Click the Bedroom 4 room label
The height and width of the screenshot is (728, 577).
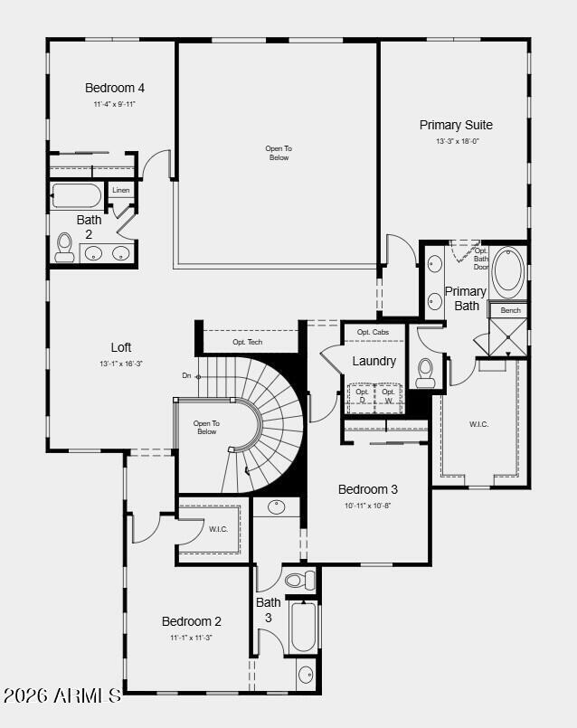115,88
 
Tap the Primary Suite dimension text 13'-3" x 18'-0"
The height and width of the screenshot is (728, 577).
456,141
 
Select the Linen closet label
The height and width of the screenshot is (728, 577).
121,191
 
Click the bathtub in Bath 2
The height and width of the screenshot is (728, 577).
77,195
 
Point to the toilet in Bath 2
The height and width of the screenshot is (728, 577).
64,247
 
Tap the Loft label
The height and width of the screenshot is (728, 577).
121,347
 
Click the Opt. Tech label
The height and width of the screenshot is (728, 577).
248,342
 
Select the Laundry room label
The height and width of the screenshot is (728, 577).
374,361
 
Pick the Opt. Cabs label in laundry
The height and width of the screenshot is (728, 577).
373,332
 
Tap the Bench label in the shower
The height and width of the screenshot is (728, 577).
511,310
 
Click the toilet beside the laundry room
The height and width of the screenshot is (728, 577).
426,372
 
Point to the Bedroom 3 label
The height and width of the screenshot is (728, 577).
368,489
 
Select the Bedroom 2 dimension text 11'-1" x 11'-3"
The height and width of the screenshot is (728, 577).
191,638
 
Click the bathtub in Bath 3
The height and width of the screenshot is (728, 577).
303,627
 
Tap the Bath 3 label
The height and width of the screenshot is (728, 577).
268,610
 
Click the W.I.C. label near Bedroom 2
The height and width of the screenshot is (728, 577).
218,529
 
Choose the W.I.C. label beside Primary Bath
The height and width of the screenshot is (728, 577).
478,424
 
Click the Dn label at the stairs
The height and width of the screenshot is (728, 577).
186,375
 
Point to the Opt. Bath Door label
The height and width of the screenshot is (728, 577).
481,259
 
